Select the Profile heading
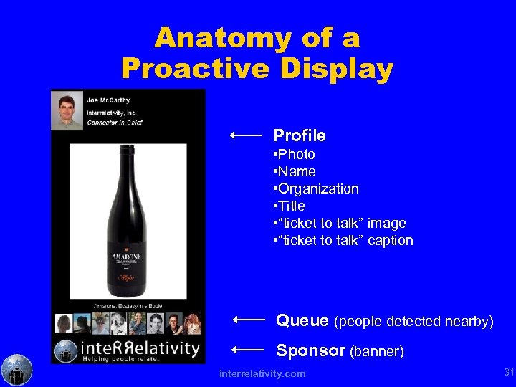pos(300,135)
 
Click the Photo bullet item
pos(295,154)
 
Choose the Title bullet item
pos(290,206)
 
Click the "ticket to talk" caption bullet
pos(343,240)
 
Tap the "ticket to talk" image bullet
pos(340,223)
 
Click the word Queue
pos(302,320)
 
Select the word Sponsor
pos(311,350)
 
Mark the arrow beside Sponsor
pos(249,349)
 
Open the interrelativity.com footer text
pos(262,373)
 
